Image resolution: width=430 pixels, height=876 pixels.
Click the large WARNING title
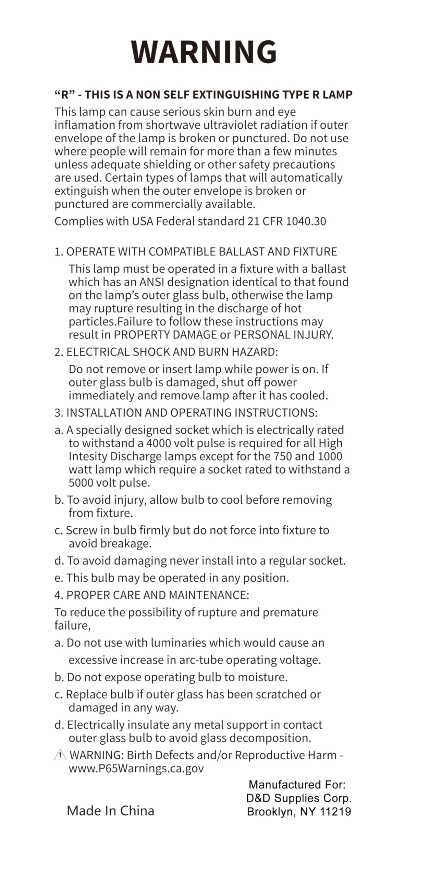tap(204, 52)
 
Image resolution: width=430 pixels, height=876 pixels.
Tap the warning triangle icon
tap(60, 755)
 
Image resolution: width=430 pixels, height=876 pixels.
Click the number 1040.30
tap(306, 221)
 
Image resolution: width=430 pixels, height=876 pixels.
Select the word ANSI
tap(152, 282)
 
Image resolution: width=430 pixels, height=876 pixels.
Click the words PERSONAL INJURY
tap(283, 335)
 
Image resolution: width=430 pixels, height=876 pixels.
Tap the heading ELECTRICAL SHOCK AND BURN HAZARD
tap(172, 352)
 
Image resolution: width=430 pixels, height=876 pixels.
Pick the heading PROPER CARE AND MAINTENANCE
tap(157, 595)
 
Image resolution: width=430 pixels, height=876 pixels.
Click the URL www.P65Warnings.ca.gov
tap(136, 769)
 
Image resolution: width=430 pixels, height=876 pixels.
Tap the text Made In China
tap(110, 811)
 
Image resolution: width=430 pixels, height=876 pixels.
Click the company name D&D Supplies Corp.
tap(299, 798)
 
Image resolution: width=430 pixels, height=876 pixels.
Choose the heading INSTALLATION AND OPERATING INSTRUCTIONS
tap(192, 413)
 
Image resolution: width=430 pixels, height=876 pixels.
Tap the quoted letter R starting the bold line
tap(65, 94)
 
